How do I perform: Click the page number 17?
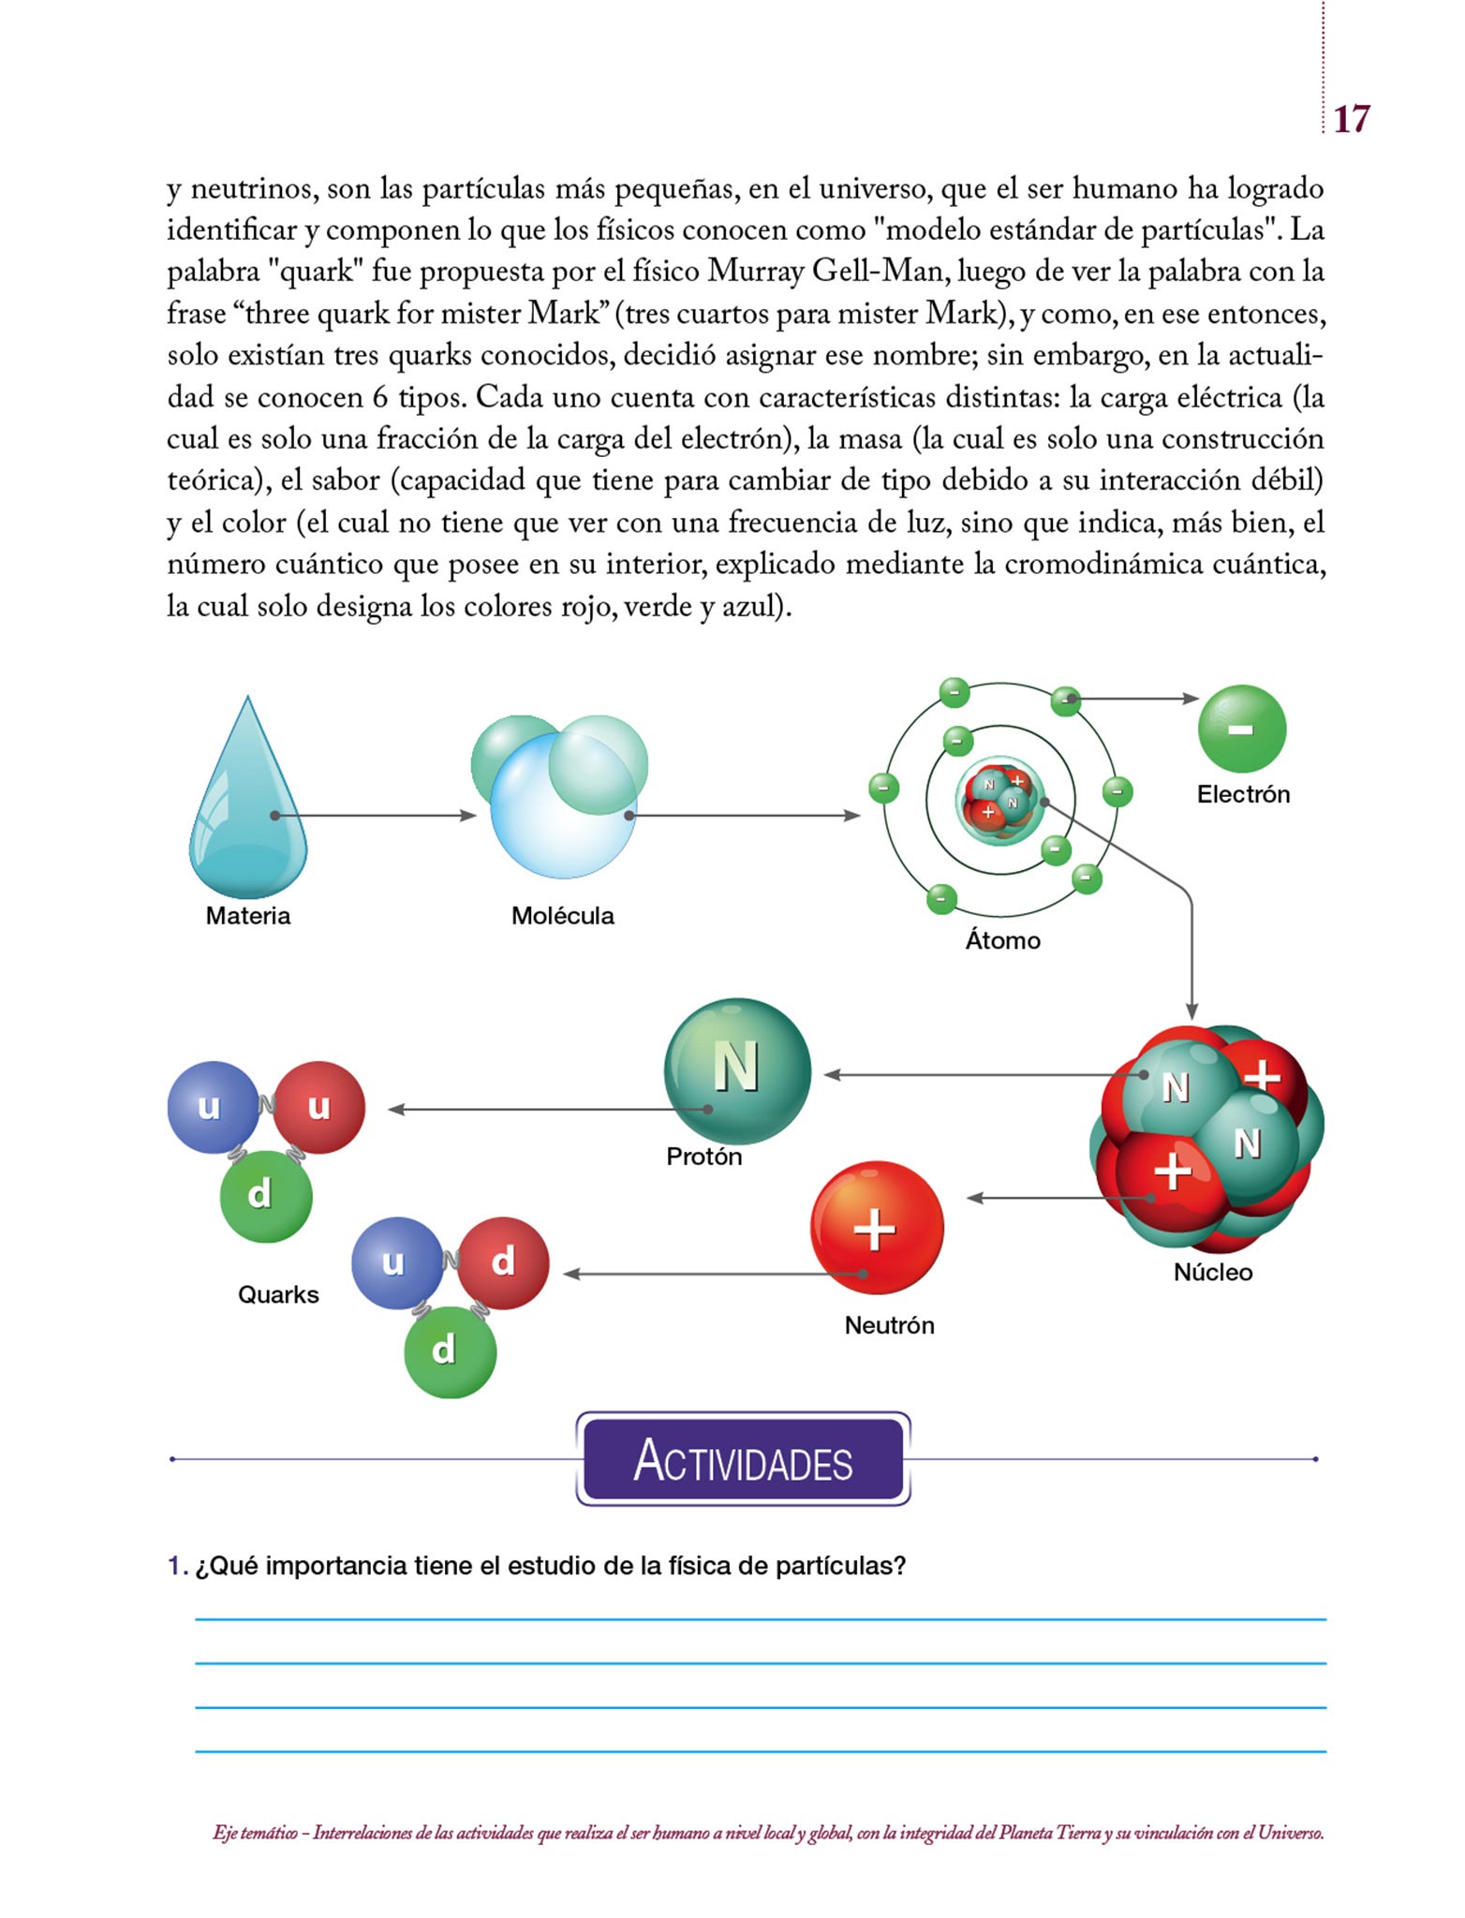1351,119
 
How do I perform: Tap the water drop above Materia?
247,805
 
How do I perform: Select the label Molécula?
562,915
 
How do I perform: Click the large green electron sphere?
1241,729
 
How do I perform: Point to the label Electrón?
1243,794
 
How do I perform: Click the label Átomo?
1002,940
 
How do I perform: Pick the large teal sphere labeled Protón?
737,1070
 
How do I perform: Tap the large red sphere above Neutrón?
876,1227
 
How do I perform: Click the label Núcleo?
1212,1272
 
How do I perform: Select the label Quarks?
278,1294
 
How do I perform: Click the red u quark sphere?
319,1107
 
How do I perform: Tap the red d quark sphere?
503,1262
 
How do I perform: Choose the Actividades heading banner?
743,1458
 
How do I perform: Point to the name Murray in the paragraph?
757,272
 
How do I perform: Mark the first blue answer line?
760,1618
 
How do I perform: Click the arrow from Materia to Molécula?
375,816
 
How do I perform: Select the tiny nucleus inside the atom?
999,799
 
